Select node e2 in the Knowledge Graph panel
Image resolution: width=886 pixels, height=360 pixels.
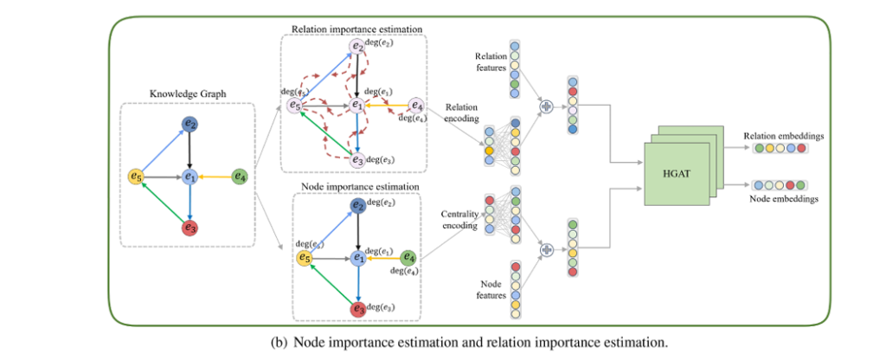[189, 126]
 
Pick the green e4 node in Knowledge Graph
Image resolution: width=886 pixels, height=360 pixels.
[241, 177]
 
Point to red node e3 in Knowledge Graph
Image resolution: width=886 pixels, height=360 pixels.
[189, 227]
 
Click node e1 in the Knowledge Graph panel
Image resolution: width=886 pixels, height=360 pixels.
[189, 177]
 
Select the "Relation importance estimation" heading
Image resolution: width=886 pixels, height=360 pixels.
[354, 29]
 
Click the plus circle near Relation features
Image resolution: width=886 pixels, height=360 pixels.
[546, 106]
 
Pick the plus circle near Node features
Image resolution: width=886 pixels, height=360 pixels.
[546, 249]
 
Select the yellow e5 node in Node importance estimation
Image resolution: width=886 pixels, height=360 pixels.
[305, 257]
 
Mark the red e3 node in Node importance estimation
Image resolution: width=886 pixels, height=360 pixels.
[356, 308]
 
